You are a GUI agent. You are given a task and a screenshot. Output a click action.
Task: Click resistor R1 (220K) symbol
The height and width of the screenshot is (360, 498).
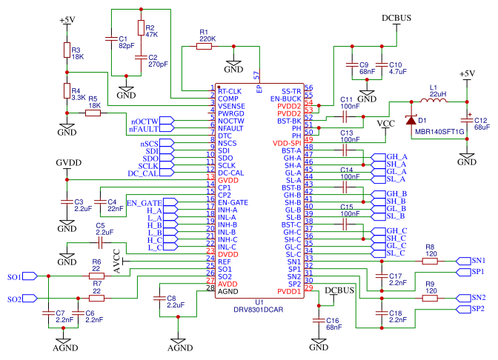pyautogui.click(x=204, y=47)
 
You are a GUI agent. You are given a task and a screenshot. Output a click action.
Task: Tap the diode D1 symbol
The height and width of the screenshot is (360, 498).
pyautogui.click(x=411, y=120)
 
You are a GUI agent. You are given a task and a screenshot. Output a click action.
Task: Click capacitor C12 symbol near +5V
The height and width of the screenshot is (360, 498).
pyautogui.click(x=467, y=120)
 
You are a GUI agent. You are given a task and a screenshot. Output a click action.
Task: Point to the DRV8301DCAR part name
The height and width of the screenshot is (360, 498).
pyautogui.click(x=258, y=310)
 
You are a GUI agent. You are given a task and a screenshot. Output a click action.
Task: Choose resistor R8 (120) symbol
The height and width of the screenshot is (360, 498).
pyautogui.click(x=430, y=261)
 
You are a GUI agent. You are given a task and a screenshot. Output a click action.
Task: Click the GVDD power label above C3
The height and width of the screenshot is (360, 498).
pyautogui.click(x=69, y=162)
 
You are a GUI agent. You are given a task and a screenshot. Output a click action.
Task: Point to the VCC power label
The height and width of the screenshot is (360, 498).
pyautogui.click(x=386, y=124)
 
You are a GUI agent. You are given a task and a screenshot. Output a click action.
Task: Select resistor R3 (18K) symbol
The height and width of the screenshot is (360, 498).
pyautogui.click(x=67, y=50)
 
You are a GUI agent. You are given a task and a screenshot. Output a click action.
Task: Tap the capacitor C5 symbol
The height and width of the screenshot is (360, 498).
pyautogui.click(x=100, y=244)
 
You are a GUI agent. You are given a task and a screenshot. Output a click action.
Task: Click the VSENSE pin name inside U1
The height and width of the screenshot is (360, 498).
pyautogui.click(x=231, y=106)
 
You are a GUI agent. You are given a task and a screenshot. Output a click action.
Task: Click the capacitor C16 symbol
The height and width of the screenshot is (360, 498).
pyautogui.click(x=319, y=321)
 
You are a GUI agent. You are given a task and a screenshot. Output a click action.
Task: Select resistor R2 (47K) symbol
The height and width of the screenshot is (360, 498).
pyautogui.click(x=141, y=27)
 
